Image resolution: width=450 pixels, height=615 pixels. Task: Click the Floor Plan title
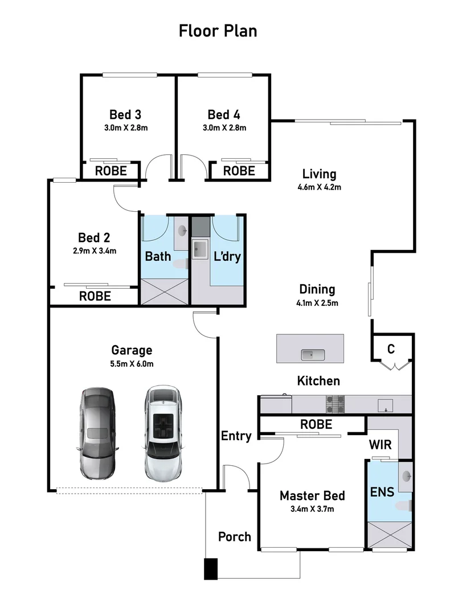(218, 30)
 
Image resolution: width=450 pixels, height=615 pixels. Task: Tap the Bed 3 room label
(125, 114)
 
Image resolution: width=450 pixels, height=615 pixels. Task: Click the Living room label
(319, 174)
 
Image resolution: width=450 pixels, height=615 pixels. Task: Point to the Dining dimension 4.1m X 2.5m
(318, 302)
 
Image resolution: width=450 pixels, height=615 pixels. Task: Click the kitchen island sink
(313, 355)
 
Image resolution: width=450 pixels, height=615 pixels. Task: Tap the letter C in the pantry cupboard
(391, 349)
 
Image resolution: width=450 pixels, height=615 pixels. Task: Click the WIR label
(380, 445)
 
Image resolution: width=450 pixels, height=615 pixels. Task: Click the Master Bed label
(312, 496)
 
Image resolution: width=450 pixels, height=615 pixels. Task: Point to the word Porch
(235, 536)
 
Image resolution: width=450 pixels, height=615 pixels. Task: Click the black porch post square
(210, 568)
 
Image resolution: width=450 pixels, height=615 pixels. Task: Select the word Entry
(236, 436)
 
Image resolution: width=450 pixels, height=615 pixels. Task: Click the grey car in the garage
(97, 433)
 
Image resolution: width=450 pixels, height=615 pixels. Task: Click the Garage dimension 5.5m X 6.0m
(132, 363)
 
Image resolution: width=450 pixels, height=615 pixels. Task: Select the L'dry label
(226, 256)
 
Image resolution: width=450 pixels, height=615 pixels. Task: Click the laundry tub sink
(200, 249)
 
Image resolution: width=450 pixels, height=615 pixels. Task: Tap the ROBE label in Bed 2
(95, 296)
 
